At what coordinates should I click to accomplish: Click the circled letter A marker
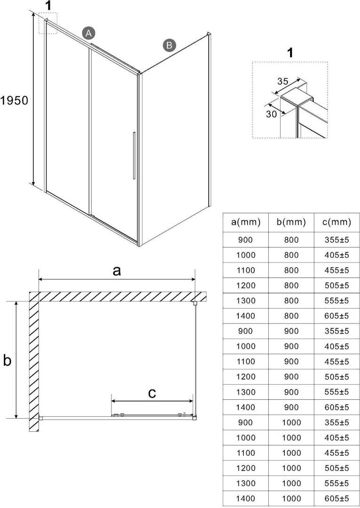(88, 32)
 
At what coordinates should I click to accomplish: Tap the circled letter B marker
(169, 45)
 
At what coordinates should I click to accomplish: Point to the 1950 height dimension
(15, 101)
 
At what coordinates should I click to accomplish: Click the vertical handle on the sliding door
(133, 156)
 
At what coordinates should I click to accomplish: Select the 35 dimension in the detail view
(282, 81)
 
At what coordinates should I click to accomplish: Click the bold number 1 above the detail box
(290, 52)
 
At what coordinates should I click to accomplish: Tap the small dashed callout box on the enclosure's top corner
(48, 23)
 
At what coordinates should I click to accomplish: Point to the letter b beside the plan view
(7, 360)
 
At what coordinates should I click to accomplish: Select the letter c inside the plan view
(152, 393)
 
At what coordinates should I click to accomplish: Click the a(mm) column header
(246, 222)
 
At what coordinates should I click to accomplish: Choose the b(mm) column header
(291, 222)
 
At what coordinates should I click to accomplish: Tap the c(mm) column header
(337, 222)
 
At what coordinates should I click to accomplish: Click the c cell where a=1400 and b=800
(337, 316)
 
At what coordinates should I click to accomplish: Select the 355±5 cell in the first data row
(337, 240)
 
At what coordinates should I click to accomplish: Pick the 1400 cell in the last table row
(246, 498)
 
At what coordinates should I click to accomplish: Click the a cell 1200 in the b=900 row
(246, 377)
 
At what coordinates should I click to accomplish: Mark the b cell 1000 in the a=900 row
(291, 422)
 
